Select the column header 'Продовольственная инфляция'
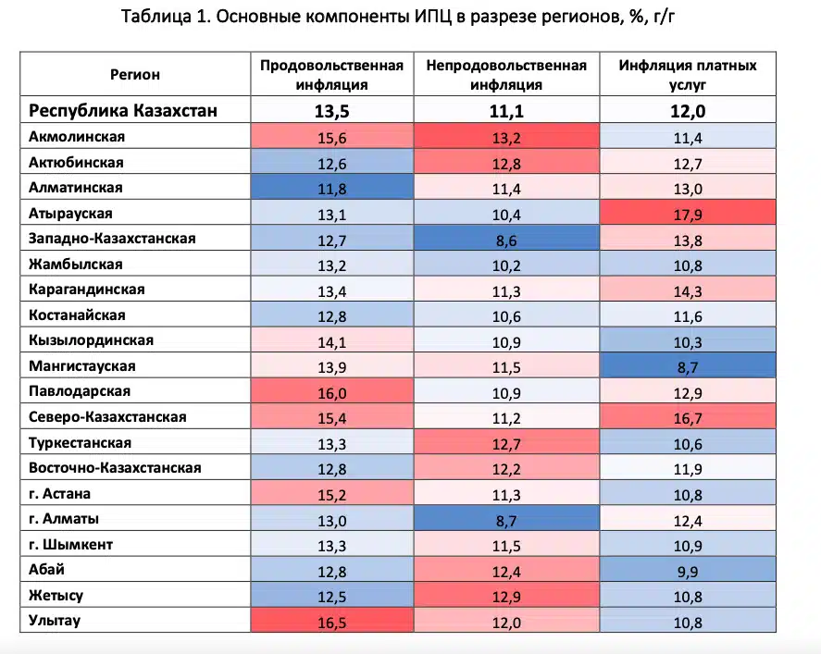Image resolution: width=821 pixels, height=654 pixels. click(x=331, y=75)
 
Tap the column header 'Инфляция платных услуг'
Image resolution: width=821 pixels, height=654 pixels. click(x=688, y=75)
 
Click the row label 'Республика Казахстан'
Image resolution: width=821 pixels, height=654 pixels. click(x=124, y=112)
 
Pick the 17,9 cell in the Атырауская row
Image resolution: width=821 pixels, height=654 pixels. click(x=688, y=214)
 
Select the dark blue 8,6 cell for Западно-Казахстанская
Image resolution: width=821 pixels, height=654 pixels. click(x=505, y=239)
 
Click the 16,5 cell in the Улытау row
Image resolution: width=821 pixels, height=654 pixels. click(x=331, y=622)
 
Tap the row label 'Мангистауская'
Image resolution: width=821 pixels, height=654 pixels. click(x=82, y=366)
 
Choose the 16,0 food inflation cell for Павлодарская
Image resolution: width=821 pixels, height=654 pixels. click(x=331, y=391)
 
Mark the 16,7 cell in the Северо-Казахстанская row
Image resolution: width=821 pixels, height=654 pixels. click(x=688, y=417)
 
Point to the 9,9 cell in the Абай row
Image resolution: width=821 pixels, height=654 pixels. click(x=688, y=570)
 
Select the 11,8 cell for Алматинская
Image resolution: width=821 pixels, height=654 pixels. click(x=331, y=188)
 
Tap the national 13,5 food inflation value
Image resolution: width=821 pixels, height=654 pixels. click(x=331, y=112)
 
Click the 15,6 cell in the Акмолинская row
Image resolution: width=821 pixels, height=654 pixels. click(x=331, y=137)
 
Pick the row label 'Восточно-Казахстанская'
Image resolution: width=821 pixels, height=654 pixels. click(x=115, y=468)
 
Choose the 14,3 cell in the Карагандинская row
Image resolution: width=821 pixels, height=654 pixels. click(x=688, y=290)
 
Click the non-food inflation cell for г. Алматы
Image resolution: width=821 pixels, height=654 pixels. click(x=505, y=519)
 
